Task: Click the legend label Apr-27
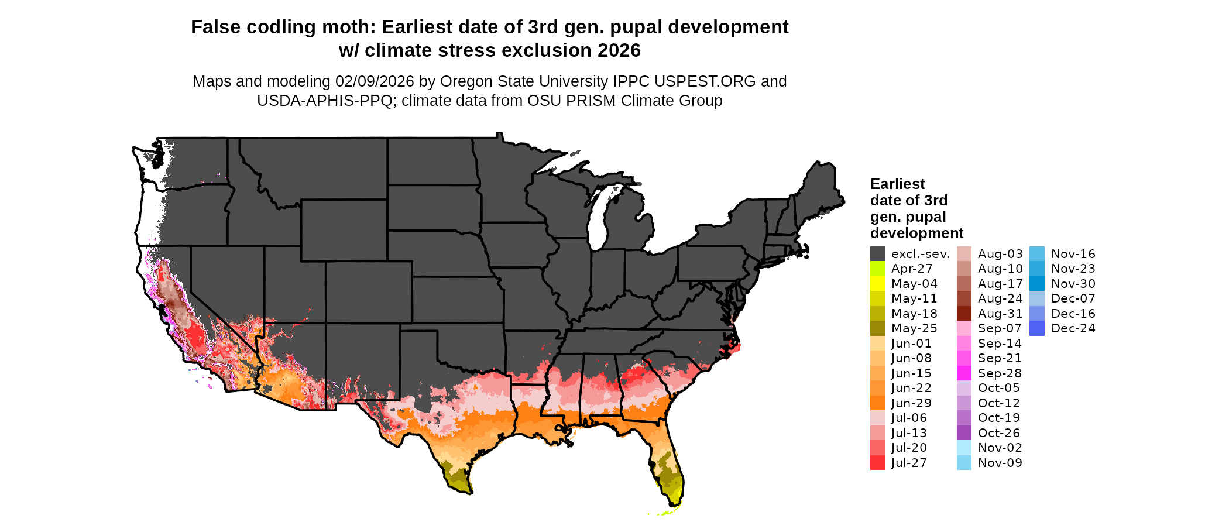click(x=911, y=269)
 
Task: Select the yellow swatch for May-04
click(x=877, y=284)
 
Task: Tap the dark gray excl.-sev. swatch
click(x=877, y=254)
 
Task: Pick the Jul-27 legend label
click(x=909, y=463)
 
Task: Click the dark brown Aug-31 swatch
click(x=964, y=314)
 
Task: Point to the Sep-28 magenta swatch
click(x=964, y=373)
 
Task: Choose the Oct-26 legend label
click(x=998, y=433)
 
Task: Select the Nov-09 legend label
click(x=1000, y=463)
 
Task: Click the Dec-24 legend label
click(x=1073, y=328)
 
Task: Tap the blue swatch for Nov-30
click(x=1037, y=284)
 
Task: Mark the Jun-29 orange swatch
click(x=877, y=403)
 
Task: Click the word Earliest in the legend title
click(x=897, y=184)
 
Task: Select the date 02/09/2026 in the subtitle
click(x=374, y=81)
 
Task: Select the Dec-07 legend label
click(x=1073, y=298)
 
